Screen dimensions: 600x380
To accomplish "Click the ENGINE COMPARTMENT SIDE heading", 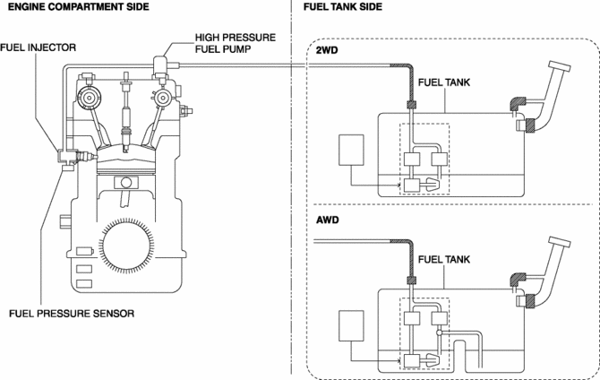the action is coord(79,6).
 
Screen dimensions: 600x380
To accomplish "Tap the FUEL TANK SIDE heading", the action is coord(343,6).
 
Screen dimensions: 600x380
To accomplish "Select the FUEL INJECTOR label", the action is coord(38,47).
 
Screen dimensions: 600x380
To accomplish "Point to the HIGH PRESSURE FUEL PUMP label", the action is coord(236,43).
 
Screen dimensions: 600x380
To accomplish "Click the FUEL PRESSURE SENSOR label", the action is coord(72,314).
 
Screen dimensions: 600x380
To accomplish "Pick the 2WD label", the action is coord(327,50).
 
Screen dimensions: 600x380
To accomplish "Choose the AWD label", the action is coord(328,220).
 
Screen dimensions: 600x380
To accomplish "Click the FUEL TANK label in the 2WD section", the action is coord(444,82).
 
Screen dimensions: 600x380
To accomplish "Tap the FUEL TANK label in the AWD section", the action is coord(444,259).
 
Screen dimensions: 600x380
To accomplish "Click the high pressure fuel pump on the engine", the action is coord(160,66).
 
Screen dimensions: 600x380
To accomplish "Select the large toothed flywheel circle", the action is coord(126,244).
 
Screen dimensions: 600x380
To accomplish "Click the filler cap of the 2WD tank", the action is coord(560,66).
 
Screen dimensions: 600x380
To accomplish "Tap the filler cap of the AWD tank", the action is coord(560,243).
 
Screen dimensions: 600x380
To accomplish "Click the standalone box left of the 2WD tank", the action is coord(351,150).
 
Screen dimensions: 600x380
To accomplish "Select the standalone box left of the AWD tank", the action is coord(351,325).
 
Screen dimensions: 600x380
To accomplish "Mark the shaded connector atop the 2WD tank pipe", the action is coord(411,104).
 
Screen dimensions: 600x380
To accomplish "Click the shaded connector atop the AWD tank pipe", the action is coord(411,280).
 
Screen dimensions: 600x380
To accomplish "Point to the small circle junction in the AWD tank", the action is coord(440,332).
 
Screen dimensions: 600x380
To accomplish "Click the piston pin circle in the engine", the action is coord(126,183).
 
